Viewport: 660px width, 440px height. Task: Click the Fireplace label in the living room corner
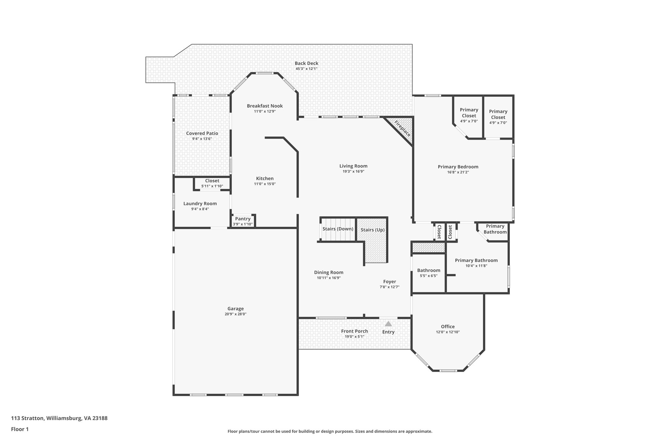(x=403, y=129)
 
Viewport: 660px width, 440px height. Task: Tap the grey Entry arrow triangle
(x=388, y=324)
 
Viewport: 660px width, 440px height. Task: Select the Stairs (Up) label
(x=372, y=230)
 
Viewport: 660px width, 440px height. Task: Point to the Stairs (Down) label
(x=338, y=229)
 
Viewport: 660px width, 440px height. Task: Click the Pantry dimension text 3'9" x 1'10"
(x=243, y=224)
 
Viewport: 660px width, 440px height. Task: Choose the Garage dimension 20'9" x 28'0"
(x=236, y=314)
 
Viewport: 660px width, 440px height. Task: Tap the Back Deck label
(x=306, y=63)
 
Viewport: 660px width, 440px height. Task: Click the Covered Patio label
(x=202, y=133)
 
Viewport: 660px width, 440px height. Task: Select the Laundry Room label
(x=200, y=203)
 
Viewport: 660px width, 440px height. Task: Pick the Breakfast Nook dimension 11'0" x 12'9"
(x=265, y=111)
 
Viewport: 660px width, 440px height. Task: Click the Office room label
(x=448, y=327)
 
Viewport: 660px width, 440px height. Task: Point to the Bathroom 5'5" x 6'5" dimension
(x=429, y=276)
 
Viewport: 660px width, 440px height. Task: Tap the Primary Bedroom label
(x=458, y=167)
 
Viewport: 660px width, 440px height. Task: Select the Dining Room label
(x=329, y=272)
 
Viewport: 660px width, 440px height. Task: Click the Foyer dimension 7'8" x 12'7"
(x=389, y=287)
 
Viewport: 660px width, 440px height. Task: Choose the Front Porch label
(x=354, y=331)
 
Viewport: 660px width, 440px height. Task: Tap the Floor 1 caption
(x=20, y=429)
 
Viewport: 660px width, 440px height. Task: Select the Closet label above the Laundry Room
(x=212, y=181)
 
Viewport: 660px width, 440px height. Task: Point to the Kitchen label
(x=265, y=178)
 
